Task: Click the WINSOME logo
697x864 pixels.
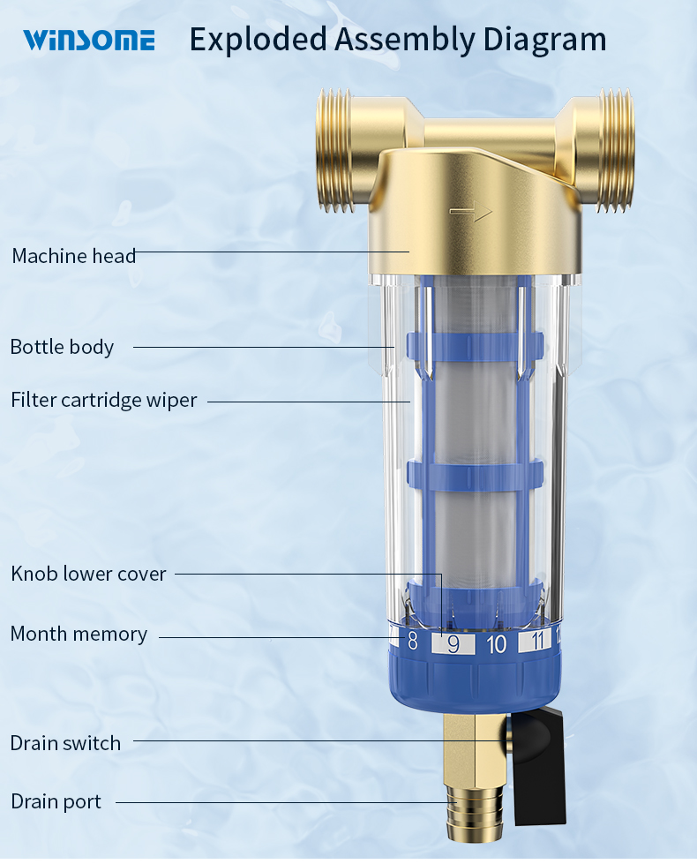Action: pos(88,40)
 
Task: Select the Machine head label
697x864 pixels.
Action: pos(74,256)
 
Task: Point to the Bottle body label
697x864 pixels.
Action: pos(62,347)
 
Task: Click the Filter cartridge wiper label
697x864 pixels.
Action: pos(103,400)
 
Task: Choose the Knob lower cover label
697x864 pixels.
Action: pos(88,574)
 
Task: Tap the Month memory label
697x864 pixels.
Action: pos(79,634)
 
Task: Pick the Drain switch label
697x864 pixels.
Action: pos(65,743)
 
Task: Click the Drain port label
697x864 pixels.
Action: pos(56,801)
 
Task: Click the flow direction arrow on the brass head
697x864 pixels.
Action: pos(471,212)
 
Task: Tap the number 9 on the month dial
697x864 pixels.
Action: pos(453,644)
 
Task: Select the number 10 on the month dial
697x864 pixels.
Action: pos(497,644)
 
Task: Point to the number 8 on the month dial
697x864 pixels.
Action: pos(412,642)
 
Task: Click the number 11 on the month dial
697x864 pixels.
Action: pos(535,642)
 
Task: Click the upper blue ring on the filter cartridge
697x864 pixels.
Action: pos(475,344)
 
